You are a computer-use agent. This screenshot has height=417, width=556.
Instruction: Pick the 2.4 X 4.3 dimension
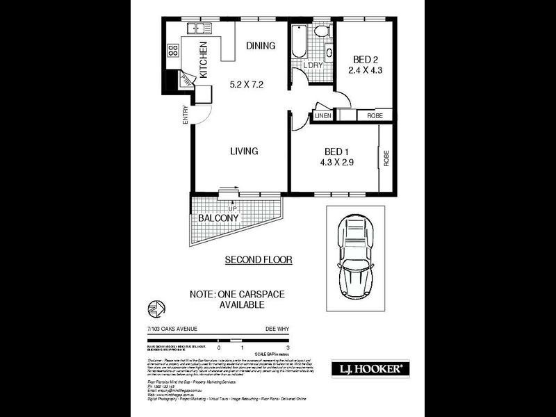(x=366, y=69)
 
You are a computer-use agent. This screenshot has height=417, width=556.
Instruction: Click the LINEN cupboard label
(x=323, y=115)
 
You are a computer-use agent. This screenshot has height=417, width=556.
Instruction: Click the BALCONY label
(x=219, y=218)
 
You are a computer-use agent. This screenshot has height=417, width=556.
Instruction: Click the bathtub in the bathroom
(x=297, y=42)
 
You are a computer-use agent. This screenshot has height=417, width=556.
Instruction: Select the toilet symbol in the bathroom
(x=321, y=31)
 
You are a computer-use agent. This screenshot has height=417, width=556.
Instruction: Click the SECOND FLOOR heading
(x=258, y=260)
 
